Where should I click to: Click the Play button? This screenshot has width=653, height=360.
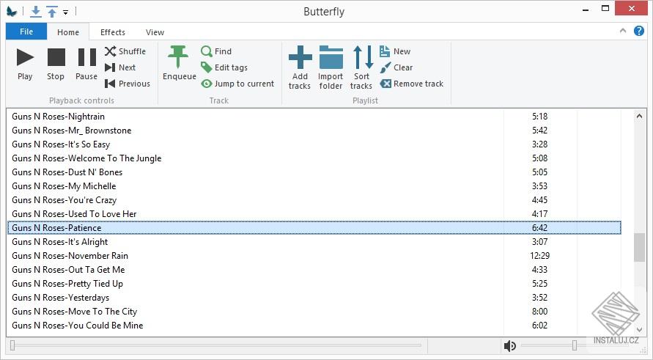[25, 64]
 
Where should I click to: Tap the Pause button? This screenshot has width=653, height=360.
[86, 64]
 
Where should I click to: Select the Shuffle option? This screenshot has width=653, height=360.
[125, 51]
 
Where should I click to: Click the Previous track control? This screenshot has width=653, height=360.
[128, 84]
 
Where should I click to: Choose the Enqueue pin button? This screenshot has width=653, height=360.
[179, 63]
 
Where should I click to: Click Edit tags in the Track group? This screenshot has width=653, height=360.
[224, 67]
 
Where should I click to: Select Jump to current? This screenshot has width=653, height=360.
[237, 84]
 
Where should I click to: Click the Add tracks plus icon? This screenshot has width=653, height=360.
[300, 57]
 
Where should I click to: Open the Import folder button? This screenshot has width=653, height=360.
[331, 67]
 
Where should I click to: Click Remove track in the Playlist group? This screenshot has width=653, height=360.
[411, 84]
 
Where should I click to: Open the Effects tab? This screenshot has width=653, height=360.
[113, 32]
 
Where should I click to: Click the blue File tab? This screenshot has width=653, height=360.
[26, 32]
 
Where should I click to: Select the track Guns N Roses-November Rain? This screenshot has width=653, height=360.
[70, 256]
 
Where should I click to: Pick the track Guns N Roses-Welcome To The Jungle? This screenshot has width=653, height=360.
[86, 158]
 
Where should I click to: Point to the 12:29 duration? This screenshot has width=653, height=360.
[539, 256]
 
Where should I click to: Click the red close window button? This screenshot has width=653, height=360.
[632, 8]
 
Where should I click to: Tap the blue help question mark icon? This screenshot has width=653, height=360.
[639, 31]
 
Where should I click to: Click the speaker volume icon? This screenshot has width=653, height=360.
[510, 346]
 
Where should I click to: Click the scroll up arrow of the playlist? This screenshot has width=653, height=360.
[639, 117]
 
